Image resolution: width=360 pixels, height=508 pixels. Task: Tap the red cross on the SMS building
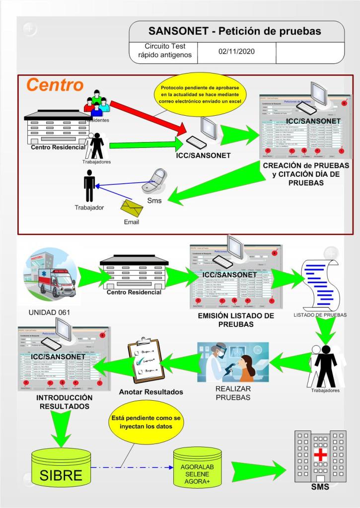(316, 455)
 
